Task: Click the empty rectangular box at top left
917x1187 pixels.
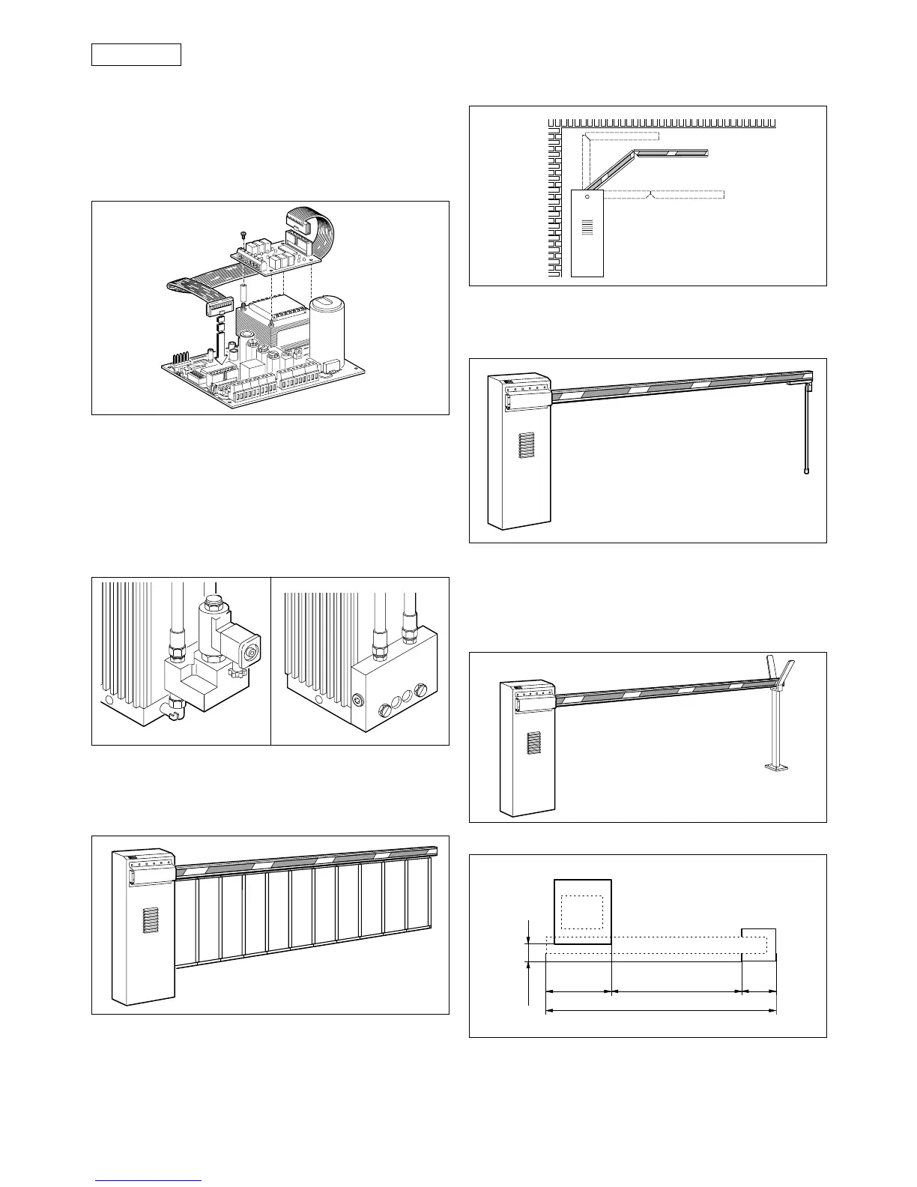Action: point(136,55)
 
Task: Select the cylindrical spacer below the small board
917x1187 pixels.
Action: point(243,292)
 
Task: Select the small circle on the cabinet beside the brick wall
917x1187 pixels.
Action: point(587,199)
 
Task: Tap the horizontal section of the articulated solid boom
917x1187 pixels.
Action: point(671,152)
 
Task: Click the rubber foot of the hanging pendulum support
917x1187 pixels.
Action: point(806,473)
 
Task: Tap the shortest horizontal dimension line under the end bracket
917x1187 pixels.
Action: point(759,992)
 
